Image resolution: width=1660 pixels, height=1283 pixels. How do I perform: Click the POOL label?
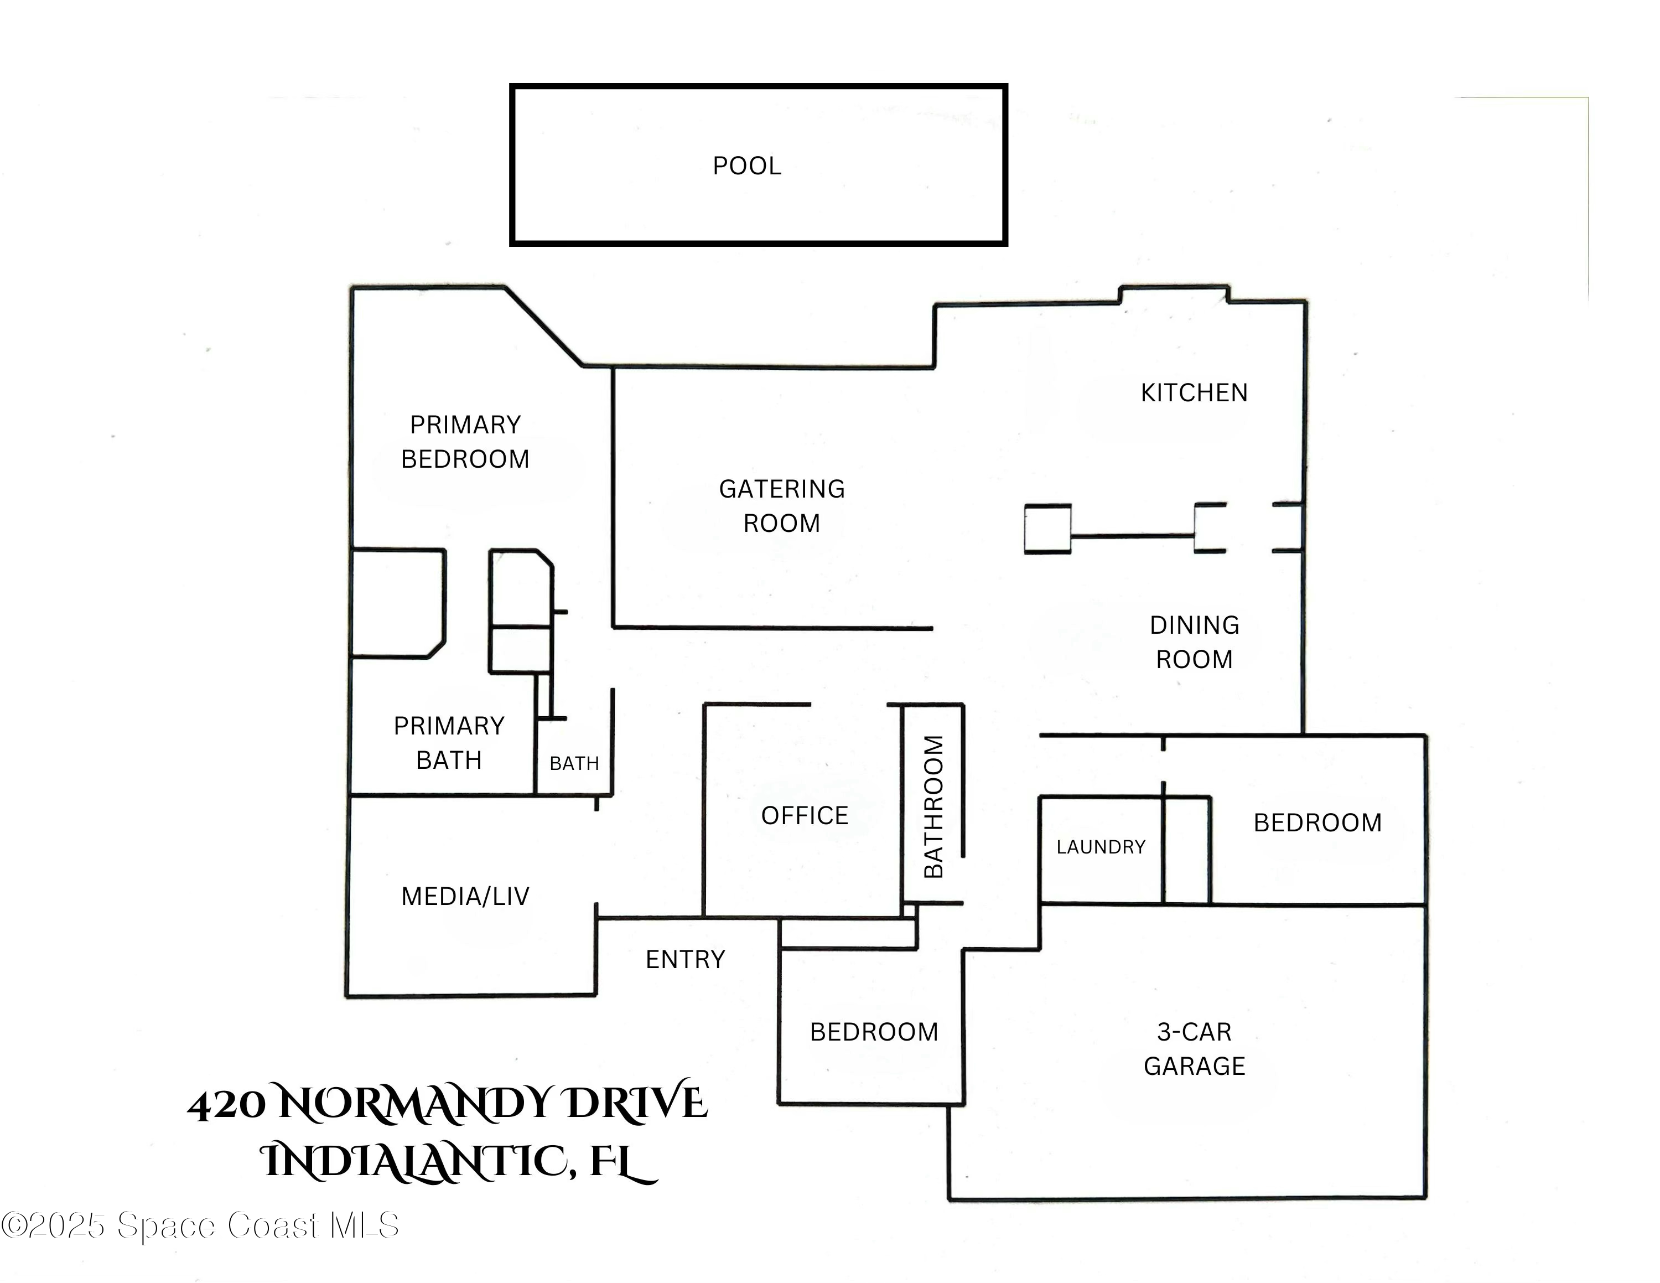(746, 165)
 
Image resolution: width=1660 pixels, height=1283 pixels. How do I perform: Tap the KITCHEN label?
(1194, 392)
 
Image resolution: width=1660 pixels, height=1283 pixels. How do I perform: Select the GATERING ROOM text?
(781, 505)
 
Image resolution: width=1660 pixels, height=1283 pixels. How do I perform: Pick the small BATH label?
(574, 763)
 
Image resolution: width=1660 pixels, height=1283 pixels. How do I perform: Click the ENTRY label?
(685, 959)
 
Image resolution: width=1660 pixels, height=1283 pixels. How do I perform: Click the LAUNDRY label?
(1100, 847)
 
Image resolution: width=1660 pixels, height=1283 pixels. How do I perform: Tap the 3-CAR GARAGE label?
(1194, 1049)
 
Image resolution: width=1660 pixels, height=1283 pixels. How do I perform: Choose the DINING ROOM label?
(1194, 642)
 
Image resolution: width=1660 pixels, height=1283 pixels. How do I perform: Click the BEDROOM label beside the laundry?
(1317, 822)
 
